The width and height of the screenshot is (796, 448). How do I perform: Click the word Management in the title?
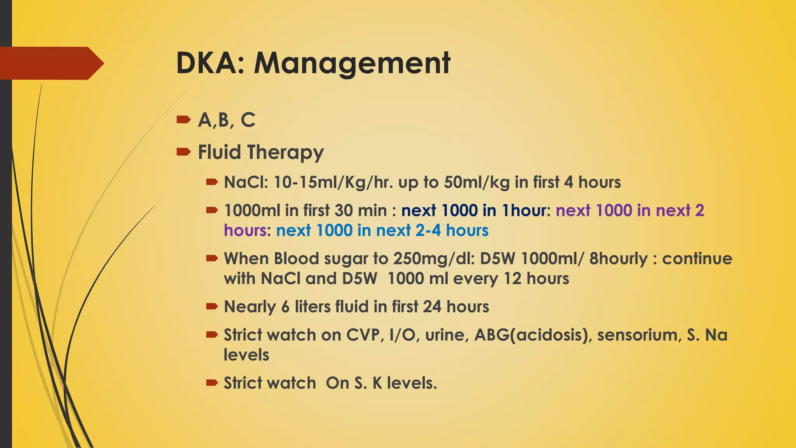click(352, 63)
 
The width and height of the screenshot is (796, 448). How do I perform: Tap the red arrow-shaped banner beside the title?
click(51, 63)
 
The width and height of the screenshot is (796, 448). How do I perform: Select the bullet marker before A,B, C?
click(183, 120)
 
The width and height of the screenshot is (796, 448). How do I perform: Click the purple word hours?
click(245, 231)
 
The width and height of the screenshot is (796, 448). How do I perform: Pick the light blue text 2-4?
click(428, 231)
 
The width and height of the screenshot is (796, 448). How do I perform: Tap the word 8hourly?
click(618, 259)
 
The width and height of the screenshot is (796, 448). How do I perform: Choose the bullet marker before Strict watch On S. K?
click(212, 383)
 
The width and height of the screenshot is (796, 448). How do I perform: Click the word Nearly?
click(250, 307)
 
